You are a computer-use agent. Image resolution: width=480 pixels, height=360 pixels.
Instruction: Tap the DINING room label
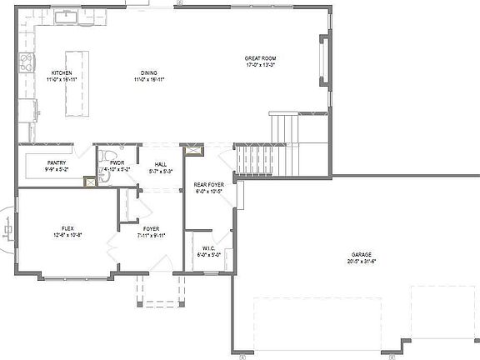[150, 72]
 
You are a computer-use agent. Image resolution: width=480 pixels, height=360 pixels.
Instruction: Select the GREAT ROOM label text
[260, 58]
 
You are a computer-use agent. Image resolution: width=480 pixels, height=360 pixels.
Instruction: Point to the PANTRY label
[57, 162]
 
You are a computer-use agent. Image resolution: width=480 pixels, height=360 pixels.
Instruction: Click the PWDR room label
[117, 162]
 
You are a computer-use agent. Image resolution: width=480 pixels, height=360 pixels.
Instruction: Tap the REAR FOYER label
[208, 184]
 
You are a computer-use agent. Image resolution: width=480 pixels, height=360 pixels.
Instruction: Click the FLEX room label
[67, 228]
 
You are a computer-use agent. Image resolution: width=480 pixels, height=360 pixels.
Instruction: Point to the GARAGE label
[361, 254]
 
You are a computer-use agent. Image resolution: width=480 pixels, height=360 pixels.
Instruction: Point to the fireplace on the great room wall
[323, 62]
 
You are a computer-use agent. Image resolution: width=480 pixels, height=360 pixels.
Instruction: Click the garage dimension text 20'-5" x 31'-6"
[361, 261]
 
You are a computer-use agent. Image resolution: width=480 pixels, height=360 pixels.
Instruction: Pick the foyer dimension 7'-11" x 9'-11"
[151, 235]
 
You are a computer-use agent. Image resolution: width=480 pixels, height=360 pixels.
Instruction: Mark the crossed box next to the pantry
[89, 180]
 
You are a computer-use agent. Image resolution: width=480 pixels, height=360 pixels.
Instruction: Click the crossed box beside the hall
[195, 151]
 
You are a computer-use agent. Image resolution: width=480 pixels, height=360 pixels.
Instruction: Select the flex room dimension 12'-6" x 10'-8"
[67, 235]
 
